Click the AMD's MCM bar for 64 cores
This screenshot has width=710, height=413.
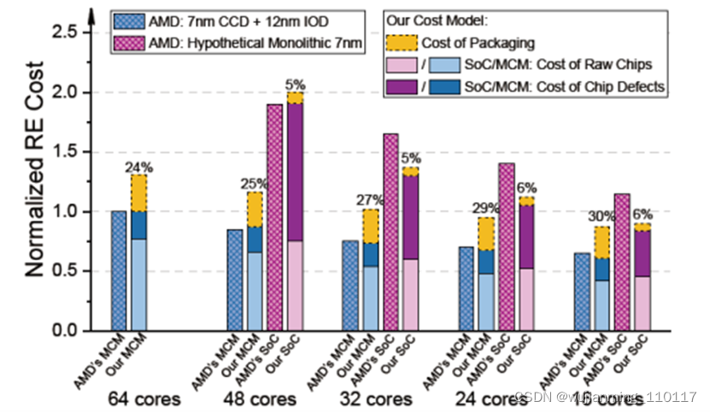pyautogui.click(x=118, y=270)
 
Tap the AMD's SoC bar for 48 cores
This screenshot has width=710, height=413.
pyautogui.click(x=275, y=218)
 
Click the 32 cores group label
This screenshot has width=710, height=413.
pyautogui.click(x=373, y=398)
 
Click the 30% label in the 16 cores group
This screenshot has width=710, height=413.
pyautogui.click(x=601, y=217)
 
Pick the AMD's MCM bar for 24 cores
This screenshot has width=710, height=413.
pyautogui.click(x=466, y=288)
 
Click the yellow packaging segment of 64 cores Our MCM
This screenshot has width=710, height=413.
pyautogui.click(x=138, y=193)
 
